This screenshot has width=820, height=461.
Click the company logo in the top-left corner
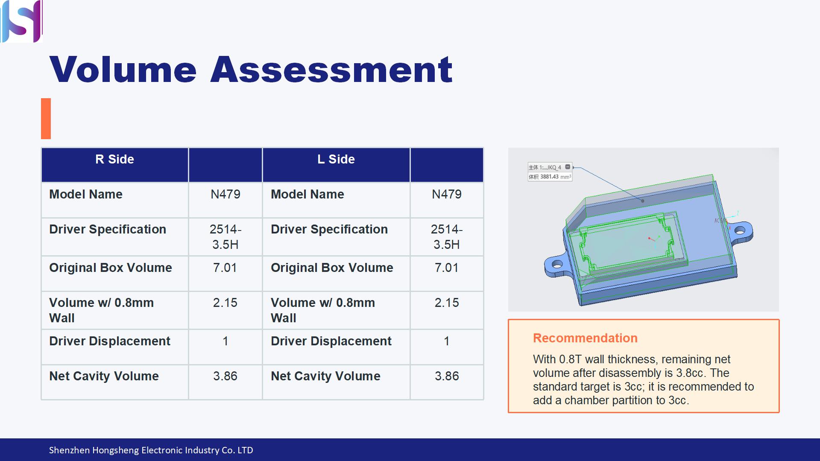click(21, 21)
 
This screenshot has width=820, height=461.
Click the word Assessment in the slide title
click(331, 70)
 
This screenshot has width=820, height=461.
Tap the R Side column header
click(114, 159)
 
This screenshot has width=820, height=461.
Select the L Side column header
click(336, 159)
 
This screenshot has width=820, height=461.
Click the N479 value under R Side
click(225, 194)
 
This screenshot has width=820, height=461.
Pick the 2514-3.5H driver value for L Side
click(447, 237)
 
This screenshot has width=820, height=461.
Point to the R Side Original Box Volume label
click(111, 268)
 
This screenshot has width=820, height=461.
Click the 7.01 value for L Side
click(447, 268)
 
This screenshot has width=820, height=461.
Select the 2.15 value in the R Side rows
click(225, 303)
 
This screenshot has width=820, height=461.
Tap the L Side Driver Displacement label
click(331, 341)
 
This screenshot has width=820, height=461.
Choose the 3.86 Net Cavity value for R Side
click(225, 376)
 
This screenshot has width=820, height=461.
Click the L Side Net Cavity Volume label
click(325, 376)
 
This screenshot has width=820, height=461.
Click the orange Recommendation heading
click(585, 338)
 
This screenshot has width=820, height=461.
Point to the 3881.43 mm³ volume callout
click(550, 177)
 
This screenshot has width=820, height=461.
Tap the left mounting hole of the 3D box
click(557, 264)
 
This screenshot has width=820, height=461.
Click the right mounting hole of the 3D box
click(740, 231)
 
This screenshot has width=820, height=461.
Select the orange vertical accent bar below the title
click(46, 119)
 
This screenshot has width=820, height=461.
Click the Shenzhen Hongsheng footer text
click(151, 450)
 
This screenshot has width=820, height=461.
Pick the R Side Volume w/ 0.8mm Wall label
click(101, 310)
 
